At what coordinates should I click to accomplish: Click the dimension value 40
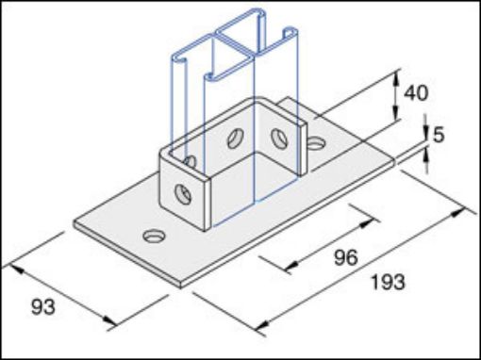[417, 93]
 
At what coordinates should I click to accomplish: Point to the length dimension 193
[387, 282]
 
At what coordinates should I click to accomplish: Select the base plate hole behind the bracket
[316, 144]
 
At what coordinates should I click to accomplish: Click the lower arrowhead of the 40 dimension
[394, 125]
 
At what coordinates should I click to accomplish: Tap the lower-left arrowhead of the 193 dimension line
[259, 329]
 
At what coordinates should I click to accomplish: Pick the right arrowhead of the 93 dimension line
[115, 325]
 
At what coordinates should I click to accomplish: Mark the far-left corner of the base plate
[74, 223]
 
